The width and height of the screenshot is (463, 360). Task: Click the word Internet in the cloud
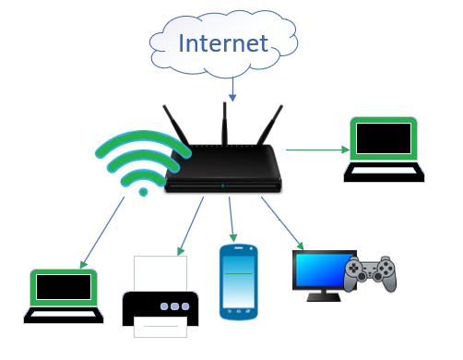tap(223, 42)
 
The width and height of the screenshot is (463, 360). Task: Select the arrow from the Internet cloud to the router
tap(232, 88)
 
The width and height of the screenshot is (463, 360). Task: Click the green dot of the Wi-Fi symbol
tap(142, 192)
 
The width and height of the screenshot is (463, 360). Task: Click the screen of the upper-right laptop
tap(384, 138)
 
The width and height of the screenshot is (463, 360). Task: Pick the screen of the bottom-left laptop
tap(62, 288)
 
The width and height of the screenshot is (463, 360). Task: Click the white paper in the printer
tap(160, 273)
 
